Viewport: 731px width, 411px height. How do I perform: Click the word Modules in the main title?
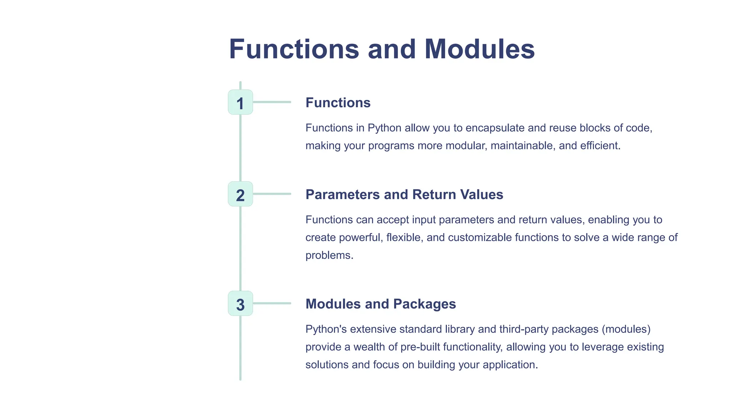point(479,49)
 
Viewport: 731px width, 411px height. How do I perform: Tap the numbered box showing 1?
point(240,102)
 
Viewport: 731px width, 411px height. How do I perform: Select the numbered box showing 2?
point(240,194)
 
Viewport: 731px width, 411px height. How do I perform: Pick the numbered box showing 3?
point(240,304)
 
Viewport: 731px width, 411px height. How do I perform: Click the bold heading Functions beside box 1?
point(338,103)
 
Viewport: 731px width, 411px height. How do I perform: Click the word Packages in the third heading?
point(424,304)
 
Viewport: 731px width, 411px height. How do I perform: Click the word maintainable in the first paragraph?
point(523,146)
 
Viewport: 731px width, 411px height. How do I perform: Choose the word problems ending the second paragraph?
point(328,255)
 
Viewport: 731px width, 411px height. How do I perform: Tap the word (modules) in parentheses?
point(626,329)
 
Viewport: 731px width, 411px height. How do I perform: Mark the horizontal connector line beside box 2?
point(272,194)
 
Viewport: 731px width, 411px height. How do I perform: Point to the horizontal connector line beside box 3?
point(272,303)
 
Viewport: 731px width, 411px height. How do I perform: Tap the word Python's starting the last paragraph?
point(326,329)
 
